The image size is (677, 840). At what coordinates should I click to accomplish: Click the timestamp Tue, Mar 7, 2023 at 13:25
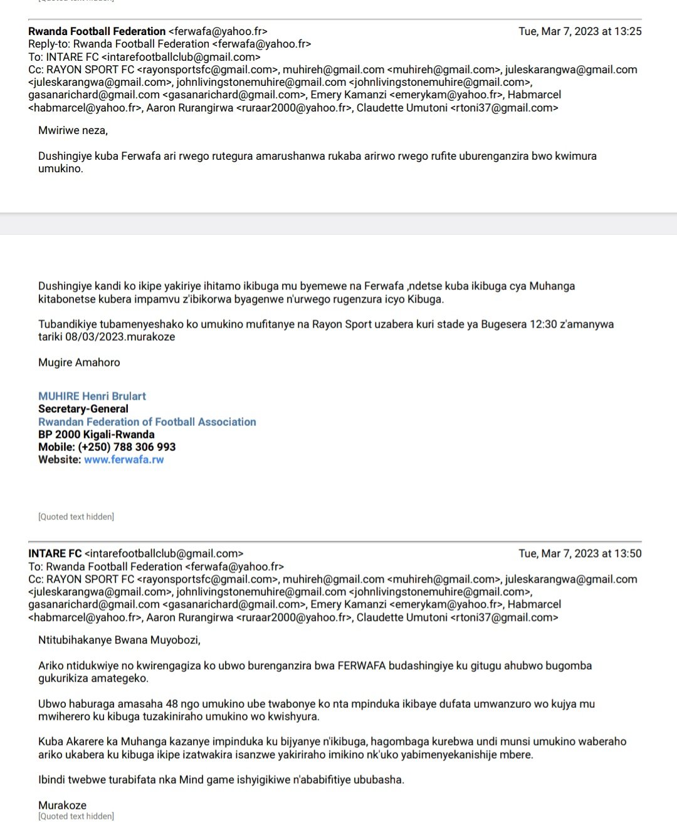[580, 31]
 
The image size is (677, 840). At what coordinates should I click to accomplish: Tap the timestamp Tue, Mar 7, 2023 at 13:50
[580, 554]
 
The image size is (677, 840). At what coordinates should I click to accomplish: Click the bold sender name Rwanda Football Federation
[97, 31]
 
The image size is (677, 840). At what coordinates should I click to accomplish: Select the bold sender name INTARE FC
[55, 554]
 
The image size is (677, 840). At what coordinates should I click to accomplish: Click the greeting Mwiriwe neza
[73, 130]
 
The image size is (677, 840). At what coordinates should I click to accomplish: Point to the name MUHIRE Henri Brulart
[92, 396]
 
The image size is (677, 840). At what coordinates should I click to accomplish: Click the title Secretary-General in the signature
[83, 409]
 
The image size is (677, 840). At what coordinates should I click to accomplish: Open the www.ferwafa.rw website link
[124, 459]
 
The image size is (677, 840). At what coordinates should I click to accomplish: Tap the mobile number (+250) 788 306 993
[127, 447]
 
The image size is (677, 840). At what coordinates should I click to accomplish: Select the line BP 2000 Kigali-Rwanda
[96, 434]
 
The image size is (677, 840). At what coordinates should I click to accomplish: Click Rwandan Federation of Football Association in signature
[147, 422]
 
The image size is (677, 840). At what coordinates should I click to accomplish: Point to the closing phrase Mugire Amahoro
[79, 362]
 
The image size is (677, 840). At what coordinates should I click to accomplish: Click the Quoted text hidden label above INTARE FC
[76, 517]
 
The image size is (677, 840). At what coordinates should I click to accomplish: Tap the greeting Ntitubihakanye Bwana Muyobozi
[119, 640]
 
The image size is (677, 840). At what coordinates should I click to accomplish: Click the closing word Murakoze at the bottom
[62, 805]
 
